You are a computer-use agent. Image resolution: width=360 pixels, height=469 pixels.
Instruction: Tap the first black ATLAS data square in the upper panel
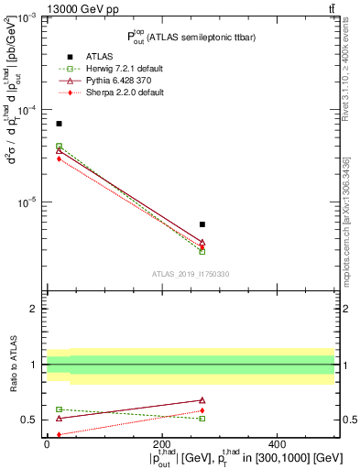pyautogui.click(x=59, y=124)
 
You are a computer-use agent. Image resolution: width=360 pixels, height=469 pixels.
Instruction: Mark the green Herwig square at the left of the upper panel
pyautogui.click(x=59, y=146)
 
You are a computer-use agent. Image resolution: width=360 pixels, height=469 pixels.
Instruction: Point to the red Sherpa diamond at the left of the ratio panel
pyautogui.click(x=59, y=434)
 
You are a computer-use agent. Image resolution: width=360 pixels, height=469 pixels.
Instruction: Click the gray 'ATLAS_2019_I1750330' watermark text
pyautogui.click(x=191, y=274)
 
